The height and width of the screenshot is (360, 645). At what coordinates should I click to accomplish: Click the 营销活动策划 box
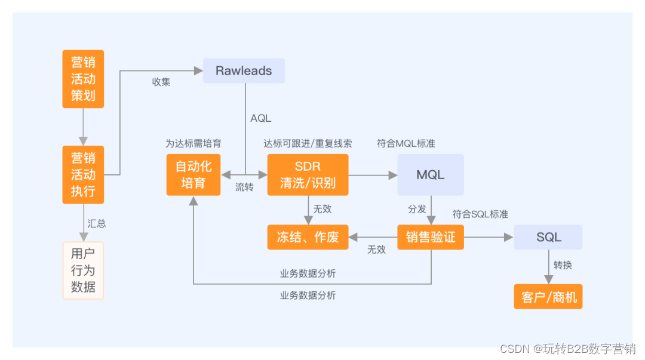pyautogui.click(x=83, y=79)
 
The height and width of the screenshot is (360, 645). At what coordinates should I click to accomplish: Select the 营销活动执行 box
pyautogui.click(x=83, y=174)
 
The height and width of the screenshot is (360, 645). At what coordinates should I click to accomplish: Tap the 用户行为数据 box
pyautogui.click(x=83, y=270)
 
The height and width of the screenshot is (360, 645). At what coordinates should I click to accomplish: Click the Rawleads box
pyautogui.click(x=244, y=70)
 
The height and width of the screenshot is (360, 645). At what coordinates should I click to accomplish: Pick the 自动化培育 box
pyautogui.click(x=193, y=174)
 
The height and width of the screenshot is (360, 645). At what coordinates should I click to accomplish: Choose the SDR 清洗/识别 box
pyautogui.click(x=308, y=174)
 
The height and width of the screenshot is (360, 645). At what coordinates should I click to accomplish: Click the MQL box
pyautogui.click(x=430, y=174)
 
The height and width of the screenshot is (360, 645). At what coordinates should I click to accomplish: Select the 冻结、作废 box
pyautogui.click(x=308, y=237)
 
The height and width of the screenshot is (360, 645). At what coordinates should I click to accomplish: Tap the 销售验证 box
pyautogui.click(x=430, y=237)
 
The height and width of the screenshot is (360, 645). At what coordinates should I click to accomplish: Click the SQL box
pyautogui.click(x=548, y=237)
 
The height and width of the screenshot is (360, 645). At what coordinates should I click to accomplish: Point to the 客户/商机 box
pyautogui.click(x=548, y=297)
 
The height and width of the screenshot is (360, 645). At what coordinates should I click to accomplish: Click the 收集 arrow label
pyautogui.click(x=161, y=82)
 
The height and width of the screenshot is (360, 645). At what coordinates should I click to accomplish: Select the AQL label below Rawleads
pyautogui.click(x=260, y=118)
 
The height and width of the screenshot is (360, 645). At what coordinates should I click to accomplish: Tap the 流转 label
pyautogui.click(x=244, y=187)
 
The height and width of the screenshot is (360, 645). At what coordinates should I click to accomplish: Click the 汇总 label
pyautogui.click(x=97, y=223)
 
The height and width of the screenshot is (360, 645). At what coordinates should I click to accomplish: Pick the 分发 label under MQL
pyautogui.click(x=417, y=209)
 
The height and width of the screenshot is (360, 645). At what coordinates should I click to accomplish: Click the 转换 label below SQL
pyautogui.click(x=563, y=264)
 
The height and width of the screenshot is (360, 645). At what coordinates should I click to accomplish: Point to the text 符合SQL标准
pyautogui.click(x=480, y=214)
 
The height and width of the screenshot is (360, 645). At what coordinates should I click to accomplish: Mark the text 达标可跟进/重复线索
pyautogui.click(x=308, y=143)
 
